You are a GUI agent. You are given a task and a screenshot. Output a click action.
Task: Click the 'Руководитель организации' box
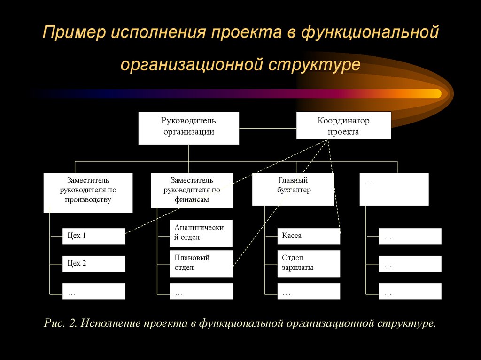point(188,128)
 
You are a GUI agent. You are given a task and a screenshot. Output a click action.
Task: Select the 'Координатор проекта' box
point(343,125)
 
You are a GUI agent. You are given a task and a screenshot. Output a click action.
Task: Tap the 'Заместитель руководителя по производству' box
point(88,192)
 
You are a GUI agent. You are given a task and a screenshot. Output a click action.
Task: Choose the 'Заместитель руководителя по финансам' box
point(192,190)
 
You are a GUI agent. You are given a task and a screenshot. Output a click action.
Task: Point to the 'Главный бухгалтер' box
point(293,189)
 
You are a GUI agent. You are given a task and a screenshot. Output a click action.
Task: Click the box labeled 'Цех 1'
point(94,236)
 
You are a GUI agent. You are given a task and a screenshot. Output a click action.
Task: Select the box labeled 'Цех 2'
point(94,264)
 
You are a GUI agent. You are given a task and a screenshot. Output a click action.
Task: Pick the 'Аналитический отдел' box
point(201,233)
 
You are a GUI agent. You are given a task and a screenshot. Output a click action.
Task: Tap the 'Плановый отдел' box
point(201,264)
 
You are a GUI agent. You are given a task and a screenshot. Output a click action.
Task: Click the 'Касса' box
point(309,236)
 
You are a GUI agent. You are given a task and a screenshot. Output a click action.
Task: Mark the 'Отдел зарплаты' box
point(309,264)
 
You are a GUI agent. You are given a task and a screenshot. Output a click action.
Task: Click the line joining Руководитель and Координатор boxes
point(267,126)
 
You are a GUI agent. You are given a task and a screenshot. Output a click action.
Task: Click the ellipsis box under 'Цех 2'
point(94,291)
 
